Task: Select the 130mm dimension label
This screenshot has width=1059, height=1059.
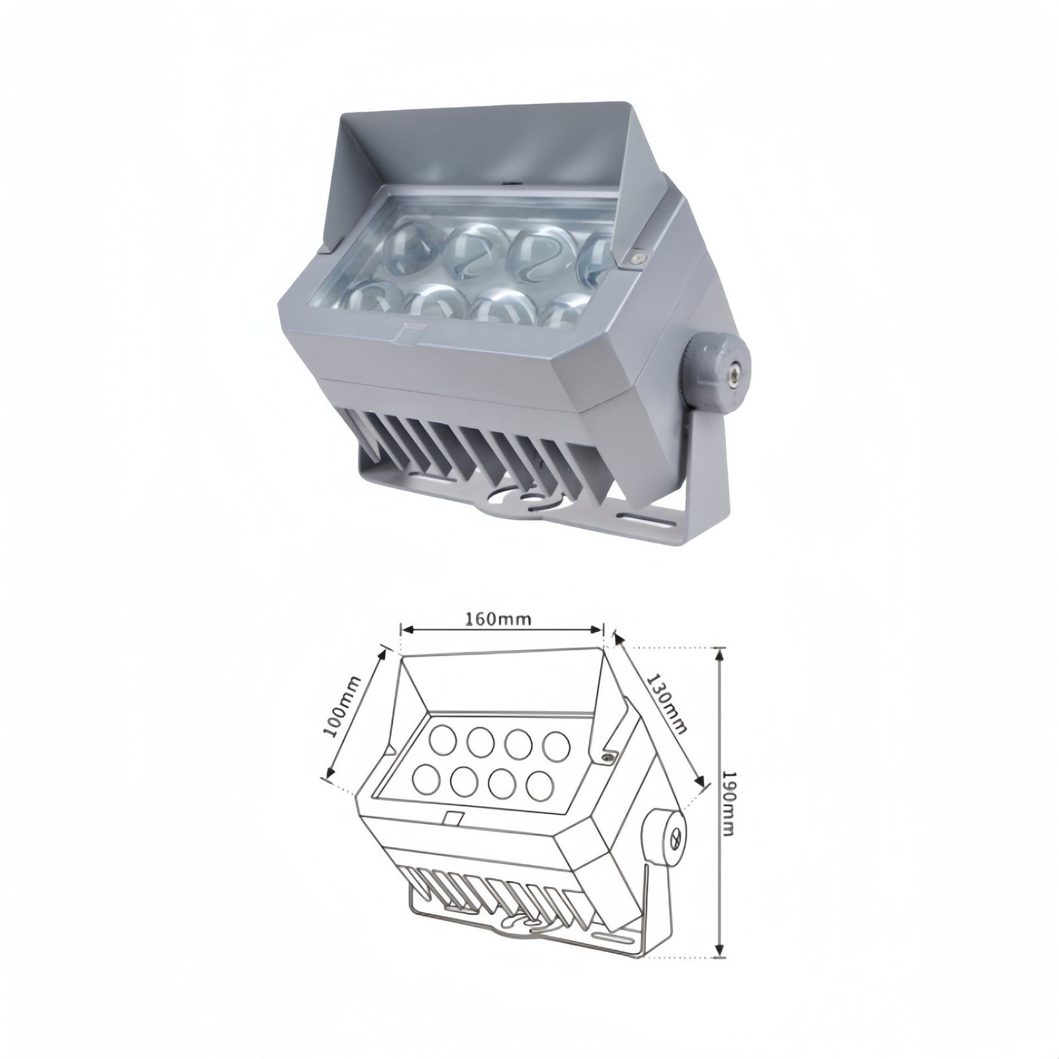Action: pos(666,704)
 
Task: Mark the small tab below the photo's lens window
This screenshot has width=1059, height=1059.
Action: pos(410,328)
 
